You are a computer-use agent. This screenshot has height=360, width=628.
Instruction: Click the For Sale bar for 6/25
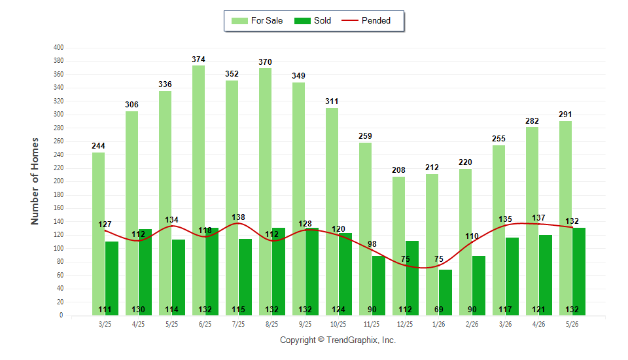tap(198, 190)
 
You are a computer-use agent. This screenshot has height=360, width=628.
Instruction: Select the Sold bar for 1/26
tap(445, 292)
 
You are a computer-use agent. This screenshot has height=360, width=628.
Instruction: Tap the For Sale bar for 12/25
tap(398, 246)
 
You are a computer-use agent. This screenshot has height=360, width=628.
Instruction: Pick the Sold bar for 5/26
tap(579, 272)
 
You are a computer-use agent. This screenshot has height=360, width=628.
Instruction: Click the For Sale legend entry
tap(257, 21)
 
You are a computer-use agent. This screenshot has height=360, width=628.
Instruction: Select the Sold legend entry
tap(313, 21)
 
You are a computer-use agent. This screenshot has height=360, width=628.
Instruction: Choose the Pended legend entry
tap(366, 21)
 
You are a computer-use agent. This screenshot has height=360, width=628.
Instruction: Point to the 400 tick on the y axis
tap(58, 47)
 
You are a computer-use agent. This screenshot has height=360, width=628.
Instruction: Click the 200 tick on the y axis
tap(58, 181)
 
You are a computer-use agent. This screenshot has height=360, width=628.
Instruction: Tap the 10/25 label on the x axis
tap(338, 324)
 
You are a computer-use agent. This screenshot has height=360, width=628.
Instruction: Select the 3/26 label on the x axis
tap(505, 324)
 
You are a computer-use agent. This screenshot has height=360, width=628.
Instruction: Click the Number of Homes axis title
tap(35, 181)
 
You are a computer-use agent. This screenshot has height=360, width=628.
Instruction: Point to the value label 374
tap(198, 60)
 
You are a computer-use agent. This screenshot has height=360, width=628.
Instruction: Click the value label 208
tap(398, 170)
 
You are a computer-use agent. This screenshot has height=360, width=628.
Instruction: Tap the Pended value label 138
tap(238, 217)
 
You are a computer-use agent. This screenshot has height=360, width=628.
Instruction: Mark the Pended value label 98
tap(372, 244)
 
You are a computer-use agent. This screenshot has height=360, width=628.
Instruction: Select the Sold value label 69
tap(438, 310)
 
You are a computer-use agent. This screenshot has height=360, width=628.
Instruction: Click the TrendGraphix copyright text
tap(338, 340)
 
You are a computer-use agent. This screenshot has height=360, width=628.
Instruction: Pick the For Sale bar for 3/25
tap(99, 234)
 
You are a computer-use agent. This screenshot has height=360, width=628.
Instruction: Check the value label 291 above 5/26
tap(565, 115)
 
